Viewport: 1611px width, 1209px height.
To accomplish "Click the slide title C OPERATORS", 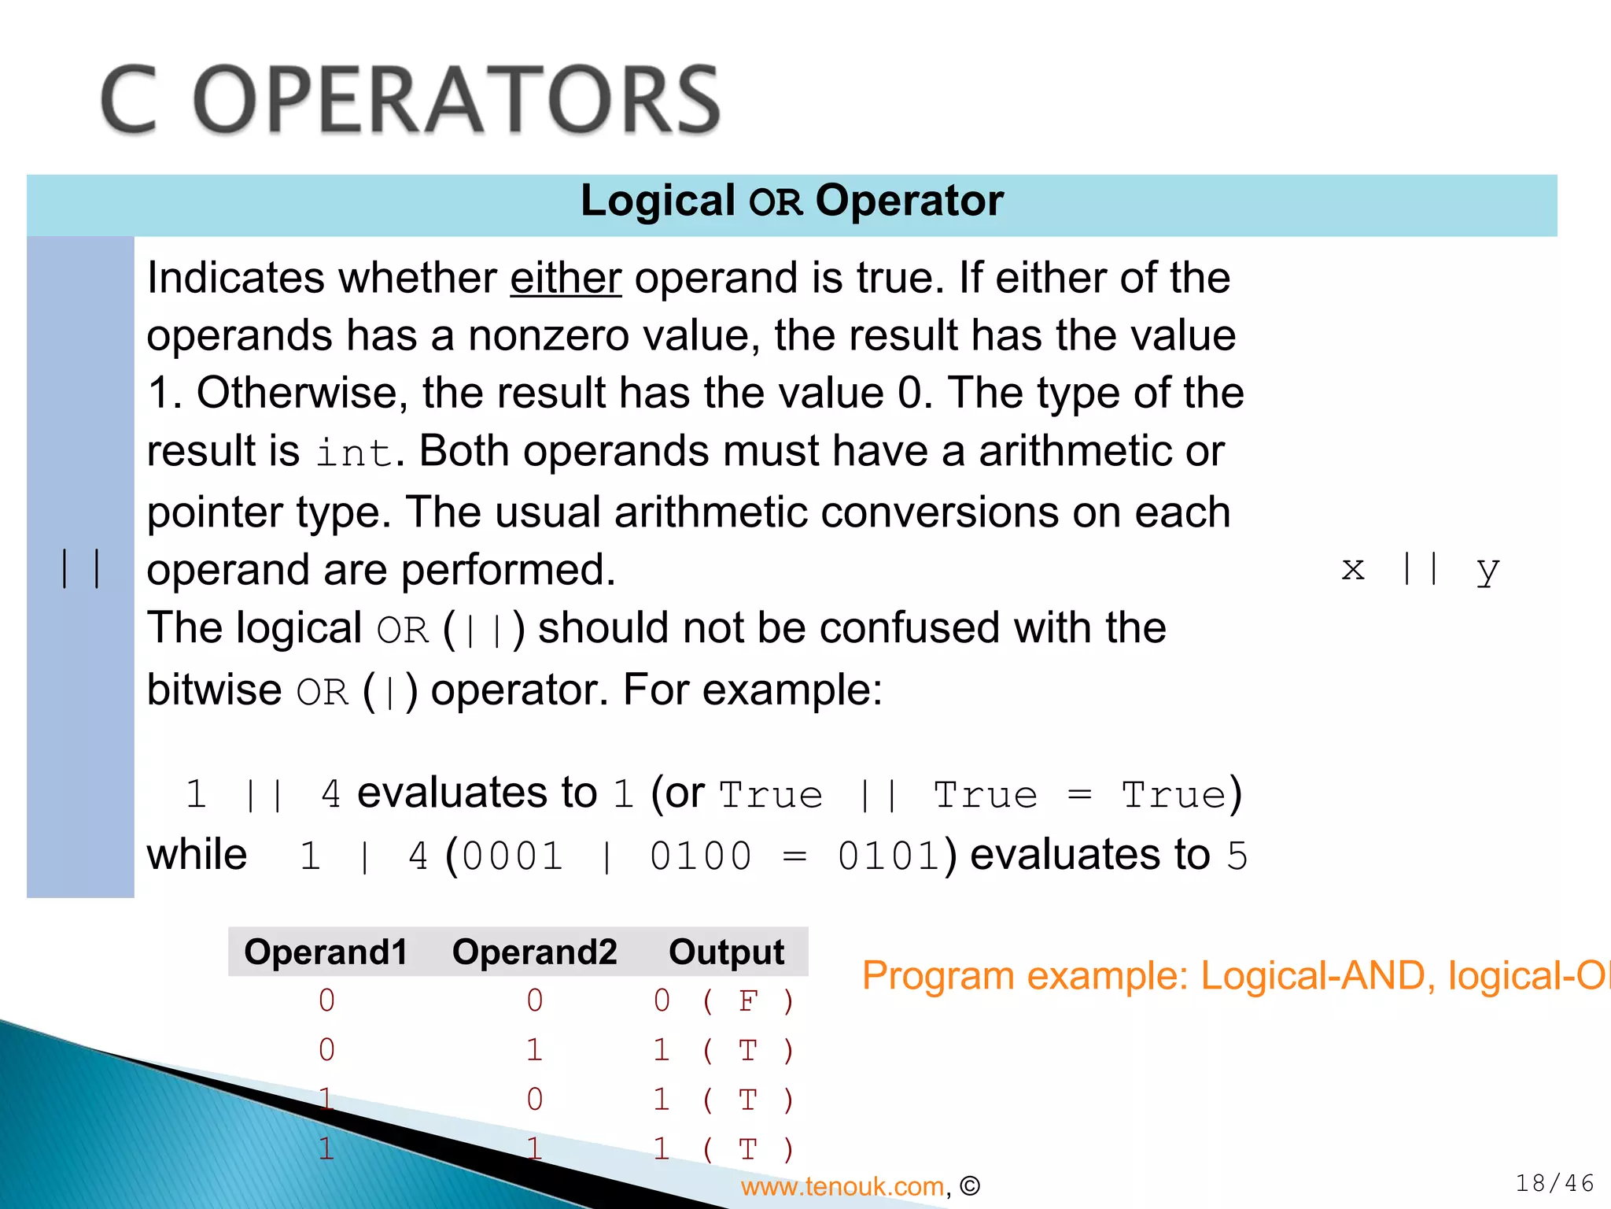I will [410, 100].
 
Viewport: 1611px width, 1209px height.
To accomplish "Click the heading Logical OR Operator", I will [791, 201].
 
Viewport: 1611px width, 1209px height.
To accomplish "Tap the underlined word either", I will [566, 279].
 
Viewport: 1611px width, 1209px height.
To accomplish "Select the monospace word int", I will [353, 453].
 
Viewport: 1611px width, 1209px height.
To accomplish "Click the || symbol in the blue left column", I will [80, 568].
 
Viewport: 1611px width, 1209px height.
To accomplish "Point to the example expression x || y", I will [1420, 568].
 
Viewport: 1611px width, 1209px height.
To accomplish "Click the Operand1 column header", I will [326, 952].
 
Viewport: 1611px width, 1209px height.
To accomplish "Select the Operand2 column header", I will [534, 952].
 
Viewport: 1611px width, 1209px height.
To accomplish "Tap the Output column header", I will [726, 952].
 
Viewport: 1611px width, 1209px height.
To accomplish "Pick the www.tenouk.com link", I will [842, 1186].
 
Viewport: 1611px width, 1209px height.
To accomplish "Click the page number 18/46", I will [1554, 1183].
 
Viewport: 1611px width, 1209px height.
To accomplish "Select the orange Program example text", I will [1235, 976].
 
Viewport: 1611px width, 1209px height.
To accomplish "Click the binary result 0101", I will [888, 856].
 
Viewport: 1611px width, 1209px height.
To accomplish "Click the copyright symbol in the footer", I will [970, 1186].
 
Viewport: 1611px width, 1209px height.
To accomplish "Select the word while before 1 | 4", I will [197, 855].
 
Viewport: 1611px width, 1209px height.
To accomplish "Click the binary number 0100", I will [700, 856].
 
